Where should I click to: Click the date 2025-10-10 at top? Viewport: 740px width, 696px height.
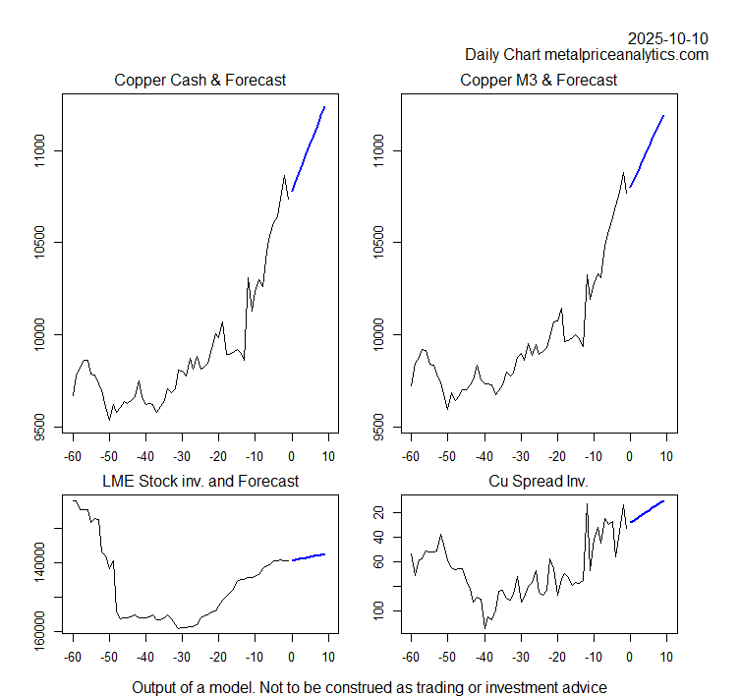(x=668, y=38)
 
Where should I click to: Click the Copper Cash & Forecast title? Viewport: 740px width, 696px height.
(x=200, y=80)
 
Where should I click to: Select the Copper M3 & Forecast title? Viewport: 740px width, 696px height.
(x=539, y=80)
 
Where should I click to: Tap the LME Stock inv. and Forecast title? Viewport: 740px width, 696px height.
(x=200, y=481)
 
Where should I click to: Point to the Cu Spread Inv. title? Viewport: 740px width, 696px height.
(x=539, y=481)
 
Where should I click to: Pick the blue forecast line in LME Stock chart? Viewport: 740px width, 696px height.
(x=309, y=557)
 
